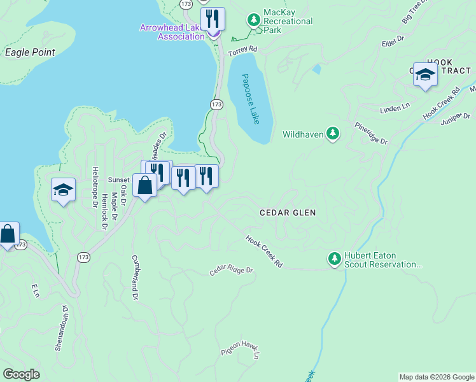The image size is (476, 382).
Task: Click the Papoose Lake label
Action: [x=251, y=99]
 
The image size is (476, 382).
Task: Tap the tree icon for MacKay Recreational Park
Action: [x=255, y=21]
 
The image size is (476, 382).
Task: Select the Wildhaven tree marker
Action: [x=332, y=133]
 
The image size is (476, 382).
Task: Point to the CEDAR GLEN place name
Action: [x=288, y=212]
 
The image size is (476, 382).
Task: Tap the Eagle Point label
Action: [x=30, y=52]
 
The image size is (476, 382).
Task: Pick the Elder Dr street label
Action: [x=392, y=41]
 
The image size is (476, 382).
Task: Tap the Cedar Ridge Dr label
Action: [x=232, y=271]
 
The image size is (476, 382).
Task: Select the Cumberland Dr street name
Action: [x=135, y=278]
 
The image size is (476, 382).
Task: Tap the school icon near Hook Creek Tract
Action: [x=425, y=75]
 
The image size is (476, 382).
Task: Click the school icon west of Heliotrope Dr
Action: [x=63, y=190]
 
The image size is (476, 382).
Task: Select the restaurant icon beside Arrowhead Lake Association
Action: [x=213, y=18]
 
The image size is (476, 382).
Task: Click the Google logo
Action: [x=21, y=374]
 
